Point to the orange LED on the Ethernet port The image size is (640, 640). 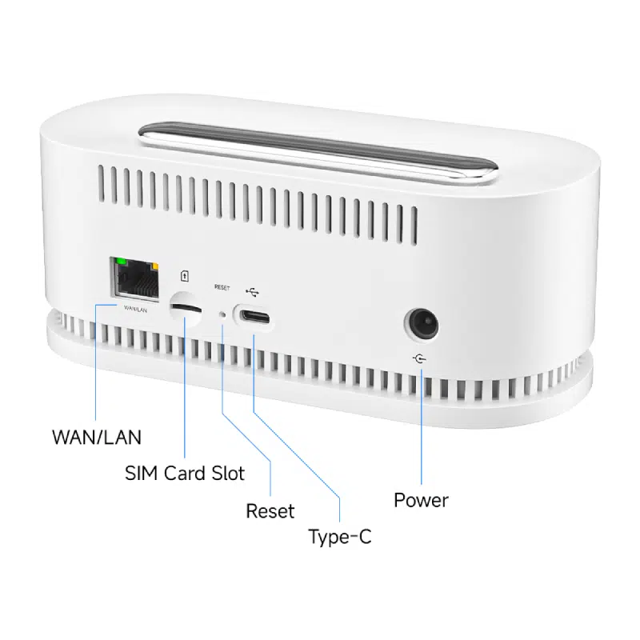click(154, 265)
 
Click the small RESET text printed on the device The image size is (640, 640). click(222, 286)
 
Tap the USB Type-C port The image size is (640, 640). click(253, 316)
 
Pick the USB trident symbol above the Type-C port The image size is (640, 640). click(253, 292)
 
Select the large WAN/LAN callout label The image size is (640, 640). click(96, 437)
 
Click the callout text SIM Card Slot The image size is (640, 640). click(184, 473)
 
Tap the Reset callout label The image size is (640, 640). click(270, 511)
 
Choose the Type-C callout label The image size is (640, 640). click(340, 537)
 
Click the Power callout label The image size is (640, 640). click(421, 500)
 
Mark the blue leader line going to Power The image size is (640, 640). click(422, 424)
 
